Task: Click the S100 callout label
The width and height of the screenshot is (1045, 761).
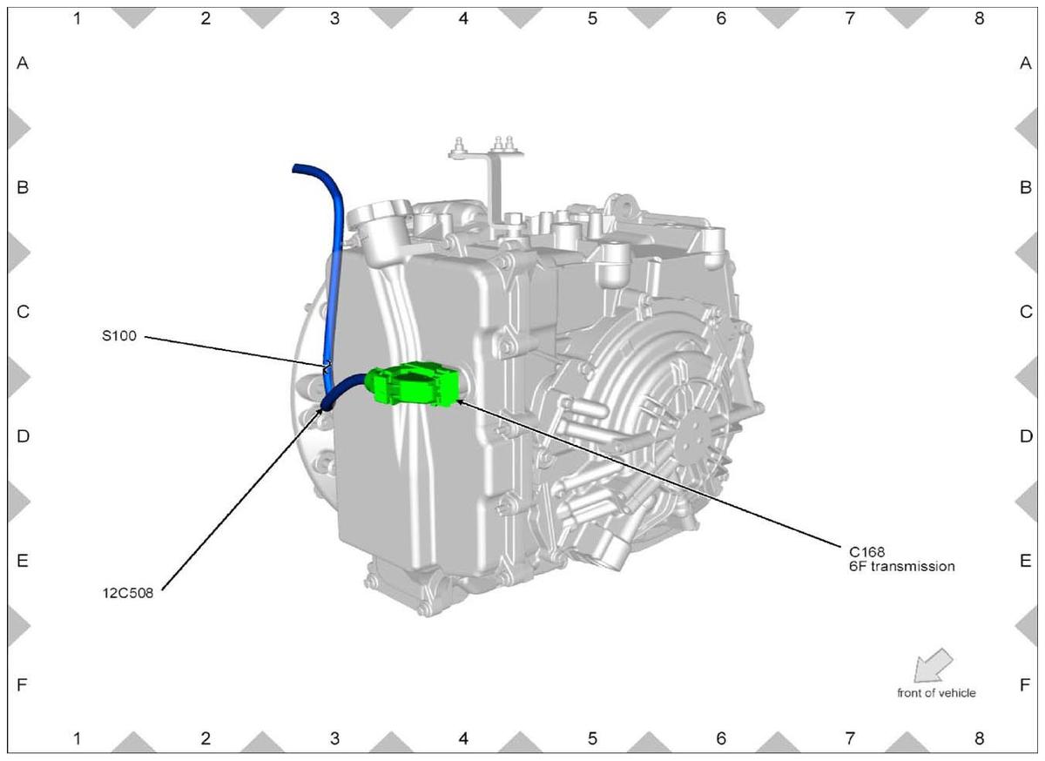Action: (x=119, y=336)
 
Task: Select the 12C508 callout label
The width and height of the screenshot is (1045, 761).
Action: (x=128, y=594)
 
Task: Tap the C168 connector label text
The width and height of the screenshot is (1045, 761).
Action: (x=866, y=552)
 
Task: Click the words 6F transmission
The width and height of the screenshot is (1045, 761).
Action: (x=902, y=567)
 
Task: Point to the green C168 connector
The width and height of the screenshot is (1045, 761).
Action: (x=412, y=385)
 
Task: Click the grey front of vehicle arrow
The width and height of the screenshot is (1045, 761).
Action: (x=932, y=666)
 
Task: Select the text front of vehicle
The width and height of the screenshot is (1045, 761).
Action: (x=936, y=693)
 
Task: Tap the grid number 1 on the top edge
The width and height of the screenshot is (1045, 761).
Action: (x=77, y=18)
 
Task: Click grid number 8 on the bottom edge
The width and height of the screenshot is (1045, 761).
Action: (x=979, y=738)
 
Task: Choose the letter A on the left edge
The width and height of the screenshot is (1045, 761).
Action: (x=23, y=63)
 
